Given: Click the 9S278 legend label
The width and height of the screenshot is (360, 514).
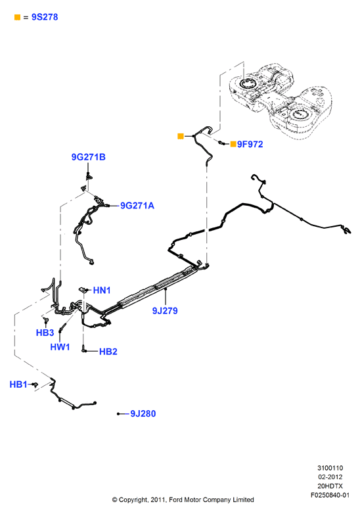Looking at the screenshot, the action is [45, 17].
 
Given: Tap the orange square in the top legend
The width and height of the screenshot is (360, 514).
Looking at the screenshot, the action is [17, 17].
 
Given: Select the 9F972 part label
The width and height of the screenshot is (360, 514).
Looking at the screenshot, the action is [250, 144].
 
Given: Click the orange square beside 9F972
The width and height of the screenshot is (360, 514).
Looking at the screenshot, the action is [233, 144].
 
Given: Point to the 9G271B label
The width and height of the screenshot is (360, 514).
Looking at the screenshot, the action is [89, 157].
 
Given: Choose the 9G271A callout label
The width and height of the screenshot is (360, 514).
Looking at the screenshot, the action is [137, 206].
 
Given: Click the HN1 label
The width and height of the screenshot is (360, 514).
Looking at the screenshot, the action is [102, 290].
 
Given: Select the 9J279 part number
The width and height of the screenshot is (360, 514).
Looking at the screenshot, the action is [165, 310].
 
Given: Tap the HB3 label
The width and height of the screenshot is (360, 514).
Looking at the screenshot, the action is [45, 333].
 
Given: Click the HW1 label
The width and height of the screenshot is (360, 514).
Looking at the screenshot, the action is [60, 347].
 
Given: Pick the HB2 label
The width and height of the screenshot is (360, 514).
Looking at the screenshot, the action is [108, 352].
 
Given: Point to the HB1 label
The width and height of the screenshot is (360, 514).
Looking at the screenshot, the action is [18, 385].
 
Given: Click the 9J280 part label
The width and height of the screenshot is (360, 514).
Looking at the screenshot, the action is [143, 413].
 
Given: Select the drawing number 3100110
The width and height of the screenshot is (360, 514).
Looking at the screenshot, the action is [330, 468].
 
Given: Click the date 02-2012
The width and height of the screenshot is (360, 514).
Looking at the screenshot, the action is [330, 477].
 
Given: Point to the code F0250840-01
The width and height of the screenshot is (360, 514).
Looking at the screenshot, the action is [330, 495].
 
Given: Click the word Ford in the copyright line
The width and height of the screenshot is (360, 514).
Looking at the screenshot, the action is [176, 500].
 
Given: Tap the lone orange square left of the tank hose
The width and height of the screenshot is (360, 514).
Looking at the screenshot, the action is [181, 136].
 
